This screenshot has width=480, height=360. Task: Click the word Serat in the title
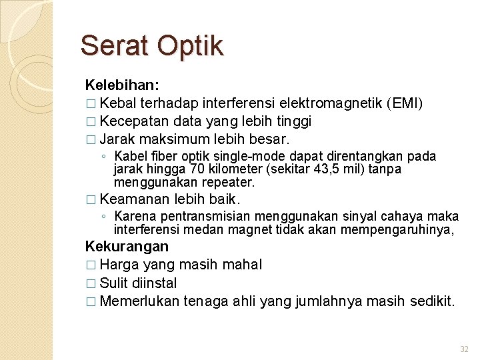pos(114,46)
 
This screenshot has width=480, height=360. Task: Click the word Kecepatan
pos(135,121)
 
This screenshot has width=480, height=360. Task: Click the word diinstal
pos(154,283)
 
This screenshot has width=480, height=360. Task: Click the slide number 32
pos(465,349)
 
